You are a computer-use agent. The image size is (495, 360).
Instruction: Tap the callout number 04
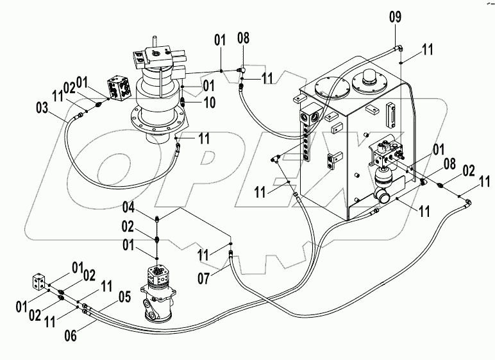128,208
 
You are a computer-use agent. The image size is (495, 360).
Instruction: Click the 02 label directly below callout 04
128,227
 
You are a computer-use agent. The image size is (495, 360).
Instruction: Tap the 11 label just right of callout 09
427,49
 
